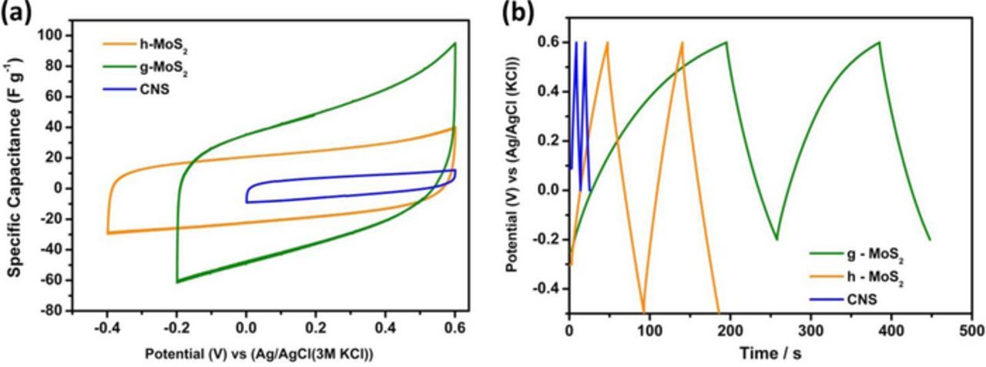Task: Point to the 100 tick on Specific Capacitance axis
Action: (53, 35)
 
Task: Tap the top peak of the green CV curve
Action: (455, 43)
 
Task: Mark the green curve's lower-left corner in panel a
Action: (177, 282)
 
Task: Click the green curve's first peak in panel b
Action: (726, 42)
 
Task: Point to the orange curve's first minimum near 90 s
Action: (643, 312)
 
